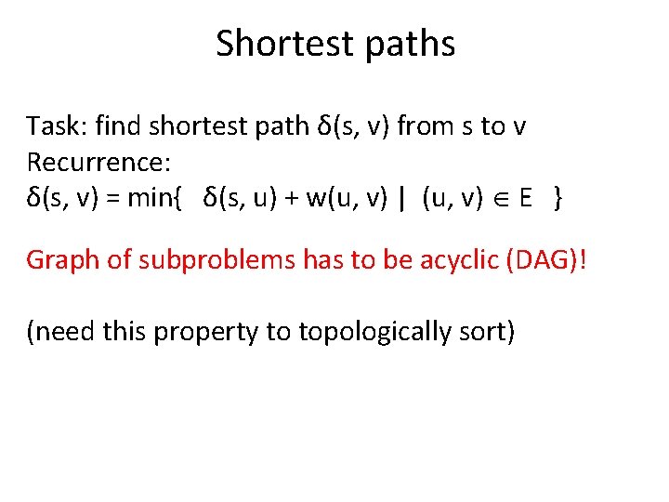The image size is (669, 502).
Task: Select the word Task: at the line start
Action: tap(54, 125)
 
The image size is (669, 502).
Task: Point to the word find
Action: tap(113, 125)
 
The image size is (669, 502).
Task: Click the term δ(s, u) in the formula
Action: tap(238, 198)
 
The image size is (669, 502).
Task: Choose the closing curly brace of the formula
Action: tap(556, 199)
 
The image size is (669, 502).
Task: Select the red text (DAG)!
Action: tap(554, 259)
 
